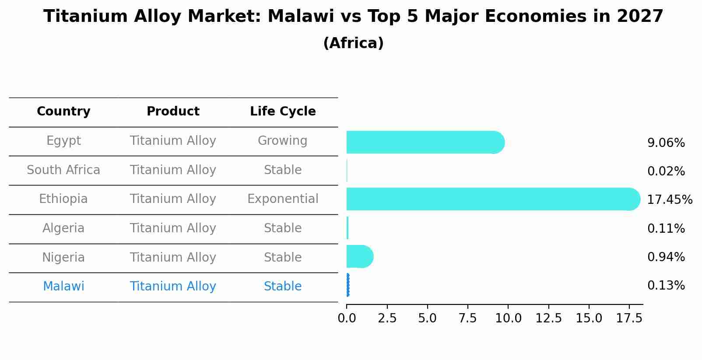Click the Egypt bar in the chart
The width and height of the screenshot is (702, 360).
(425, 142)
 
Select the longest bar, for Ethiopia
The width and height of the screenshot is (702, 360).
(493, 199)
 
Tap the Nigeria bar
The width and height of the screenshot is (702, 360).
(360, 257)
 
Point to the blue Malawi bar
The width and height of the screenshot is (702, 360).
(348, 285)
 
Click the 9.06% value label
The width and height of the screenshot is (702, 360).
(666, 143)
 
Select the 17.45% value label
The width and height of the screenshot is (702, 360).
(670, 199)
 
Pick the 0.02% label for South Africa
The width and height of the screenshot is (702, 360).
(666, 171)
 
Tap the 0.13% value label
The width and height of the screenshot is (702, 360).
(666, 286)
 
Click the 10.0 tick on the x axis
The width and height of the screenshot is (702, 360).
(508, 318)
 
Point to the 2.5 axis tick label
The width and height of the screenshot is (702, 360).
(387, 318)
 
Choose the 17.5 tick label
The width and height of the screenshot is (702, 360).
(629, 318)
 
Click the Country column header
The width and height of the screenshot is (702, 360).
(63, 112)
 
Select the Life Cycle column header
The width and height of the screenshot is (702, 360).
(283, 112)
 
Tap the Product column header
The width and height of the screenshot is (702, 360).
(173, 111)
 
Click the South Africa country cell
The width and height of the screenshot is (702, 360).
(63, 170)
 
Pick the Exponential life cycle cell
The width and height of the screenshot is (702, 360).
(283, 199)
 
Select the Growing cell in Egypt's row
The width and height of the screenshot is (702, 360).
(283, 141)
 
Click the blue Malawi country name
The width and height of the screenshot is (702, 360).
(63, 286)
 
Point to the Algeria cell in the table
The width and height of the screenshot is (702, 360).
(63, 228)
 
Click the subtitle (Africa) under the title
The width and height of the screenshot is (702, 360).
(353, 43)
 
